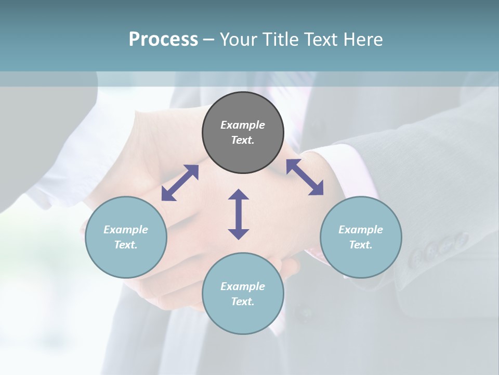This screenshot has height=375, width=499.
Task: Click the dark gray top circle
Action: pyautogui.click(x=243, y=133)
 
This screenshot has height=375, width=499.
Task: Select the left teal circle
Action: pyautogui.click(x=126, y=237)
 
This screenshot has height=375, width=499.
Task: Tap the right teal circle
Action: pyautogui.click(x=361, y=237)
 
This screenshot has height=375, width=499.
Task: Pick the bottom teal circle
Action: pyautogui.click(x=243, y=294)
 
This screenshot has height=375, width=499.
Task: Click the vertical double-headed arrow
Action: pyautogui.click(x=239, y=214)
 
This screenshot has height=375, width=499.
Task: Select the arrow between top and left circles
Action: pyautogui.click(x=180, y=183)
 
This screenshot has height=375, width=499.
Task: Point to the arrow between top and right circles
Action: pyautogui.click(x=305, y=177)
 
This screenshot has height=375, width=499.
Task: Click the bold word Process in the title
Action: pyautogui.click(x=163, y=40)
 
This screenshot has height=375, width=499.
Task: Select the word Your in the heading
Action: pyautogui.click(x=238, y=40)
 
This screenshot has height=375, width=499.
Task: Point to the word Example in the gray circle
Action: pyautogui.click(x=243, y=125)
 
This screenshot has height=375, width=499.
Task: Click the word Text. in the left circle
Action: pyautogui.click(x=126, y=245)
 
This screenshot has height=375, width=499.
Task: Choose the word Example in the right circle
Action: pyautogui.click(x=361, y=230)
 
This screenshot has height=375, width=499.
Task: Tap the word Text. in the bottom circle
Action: pyautogui.click(x=243, y=302)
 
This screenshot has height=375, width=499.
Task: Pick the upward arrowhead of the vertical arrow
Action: pyautogui.click(x=239, y=194)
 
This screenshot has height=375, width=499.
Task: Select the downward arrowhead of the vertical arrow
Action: pyautogui.click(x=239, y=234)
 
